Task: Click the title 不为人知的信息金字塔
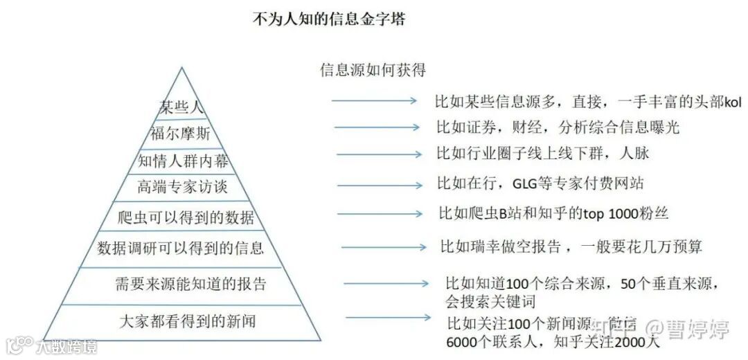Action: click(x=329, y=19)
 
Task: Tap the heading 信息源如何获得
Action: click(x=373, y=71)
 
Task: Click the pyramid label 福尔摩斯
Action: click(x=180, y=133)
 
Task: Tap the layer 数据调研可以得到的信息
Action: click(x=181, y=248)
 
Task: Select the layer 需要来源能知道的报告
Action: click(x=190, y=284)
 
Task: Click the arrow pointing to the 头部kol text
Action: click(x=374, y=101)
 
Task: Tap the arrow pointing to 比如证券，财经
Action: click(x=377, y=127)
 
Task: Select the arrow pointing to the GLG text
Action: click(x=380, y=185)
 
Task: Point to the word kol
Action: click(x=733, y=102)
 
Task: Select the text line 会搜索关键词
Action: click(x=490, y=303)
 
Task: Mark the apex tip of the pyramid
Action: click(x=181, y=68)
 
